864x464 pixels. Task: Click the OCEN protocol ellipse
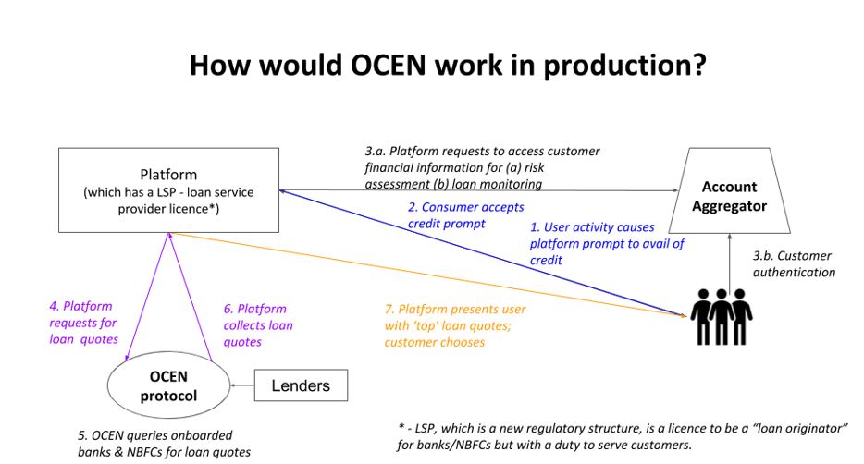[168, 385]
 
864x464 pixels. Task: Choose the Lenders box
[301, 385]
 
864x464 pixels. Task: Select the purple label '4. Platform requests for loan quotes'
[83, 323]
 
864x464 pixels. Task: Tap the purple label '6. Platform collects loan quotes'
[258, 324]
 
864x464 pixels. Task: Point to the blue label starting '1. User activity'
[606, 243]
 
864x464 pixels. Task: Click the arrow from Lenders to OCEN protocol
[241, 385]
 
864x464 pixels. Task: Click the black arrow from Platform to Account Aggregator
[481, 190]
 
